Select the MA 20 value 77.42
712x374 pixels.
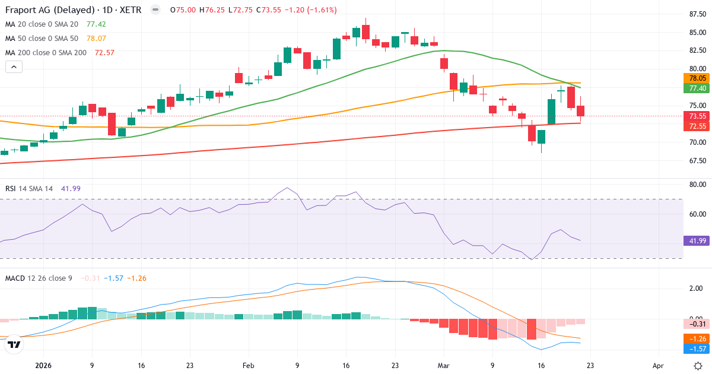coord(96,24)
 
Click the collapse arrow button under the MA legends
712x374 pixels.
coord(14,67)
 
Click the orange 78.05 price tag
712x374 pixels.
coord(698,78)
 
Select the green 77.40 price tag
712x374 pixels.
coord(698,88)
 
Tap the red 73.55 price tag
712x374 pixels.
coord(698,116)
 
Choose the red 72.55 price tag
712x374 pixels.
coord(698,126)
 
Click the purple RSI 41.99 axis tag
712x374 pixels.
coord(698,241)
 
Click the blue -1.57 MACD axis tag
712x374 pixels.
coord(698,349)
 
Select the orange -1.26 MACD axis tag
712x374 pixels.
coord(698,339)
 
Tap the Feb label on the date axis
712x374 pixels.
coord(248,366)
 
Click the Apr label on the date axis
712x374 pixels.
coord(657,366)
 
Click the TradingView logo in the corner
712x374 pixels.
coord(14,345)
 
